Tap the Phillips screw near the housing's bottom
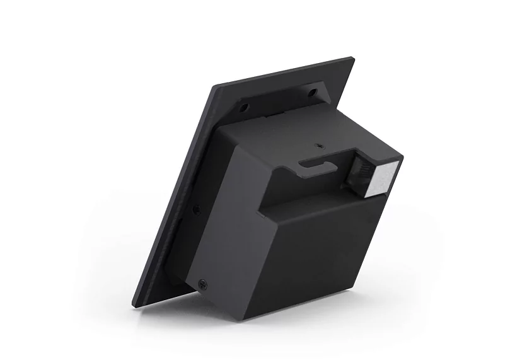coord(202,284)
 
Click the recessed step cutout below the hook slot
coord(303,195)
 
